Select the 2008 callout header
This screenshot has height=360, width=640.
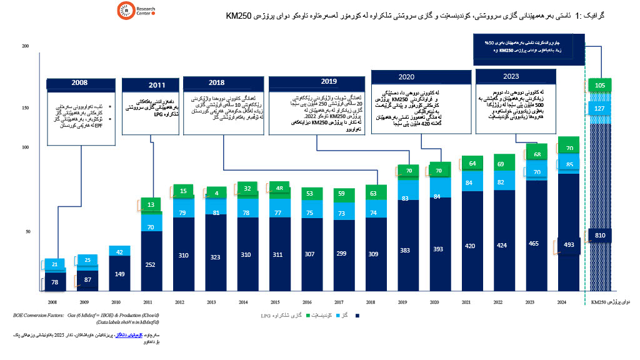(x=79, y=82)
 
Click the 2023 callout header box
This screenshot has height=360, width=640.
(x=511, y=77)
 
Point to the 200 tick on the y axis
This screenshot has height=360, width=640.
(x=25, y=47)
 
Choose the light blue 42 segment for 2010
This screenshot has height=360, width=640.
(x=119, y=251)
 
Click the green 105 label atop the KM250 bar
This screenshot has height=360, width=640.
(x=601, y=85)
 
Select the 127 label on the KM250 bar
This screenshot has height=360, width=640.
(x=601, y=108)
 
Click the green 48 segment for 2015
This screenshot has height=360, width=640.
(x=281, y=189)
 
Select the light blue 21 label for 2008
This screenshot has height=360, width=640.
(x=54, y=264)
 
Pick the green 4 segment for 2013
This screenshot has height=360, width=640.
(x=216, y=192)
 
